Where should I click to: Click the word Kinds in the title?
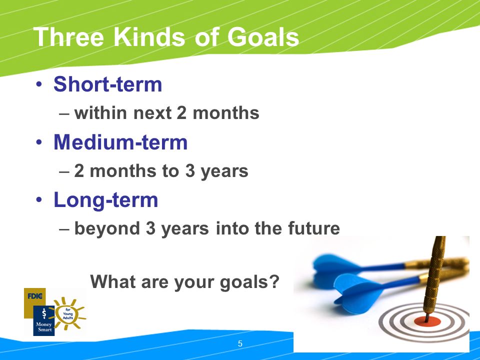pyautogui.click(x=149, y=37)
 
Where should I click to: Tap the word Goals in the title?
pyautogui.click(x=263, y=37)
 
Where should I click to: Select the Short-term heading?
pyautogui.click(x=108, y=84)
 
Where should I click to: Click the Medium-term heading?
pyautogui.click(x=120, y=142)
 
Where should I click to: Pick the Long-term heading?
pyautogui.click(x=106, y=200)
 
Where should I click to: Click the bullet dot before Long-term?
pyautogui.click(x=39, y=199)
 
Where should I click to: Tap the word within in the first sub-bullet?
pyautogui.click(x=100, y=112)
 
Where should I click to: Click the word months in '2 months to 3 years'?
pyautogui.click(x=123, y=171)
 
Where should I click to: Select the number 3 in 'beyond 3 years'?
pyautogui.click(x=150, y=228)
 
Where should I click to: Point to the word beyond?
pyautogui.click(x=107, y=229)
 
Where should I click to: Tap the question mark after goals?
pyautogui.click(x=274, y=281)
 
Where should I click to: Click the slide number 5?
pyautogui.click(x=240, y=344)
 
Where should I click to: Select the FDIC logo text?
pyautogui.click(x=35, y=296)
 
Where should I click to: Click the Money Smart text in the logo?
pyautogui.click(x=44, y=326)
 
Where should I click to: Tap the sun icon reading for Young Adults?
pyautogui.click(x=68, y=314)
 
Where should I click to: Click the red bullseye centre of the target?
pyautogui.click(x=427, y=321)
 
